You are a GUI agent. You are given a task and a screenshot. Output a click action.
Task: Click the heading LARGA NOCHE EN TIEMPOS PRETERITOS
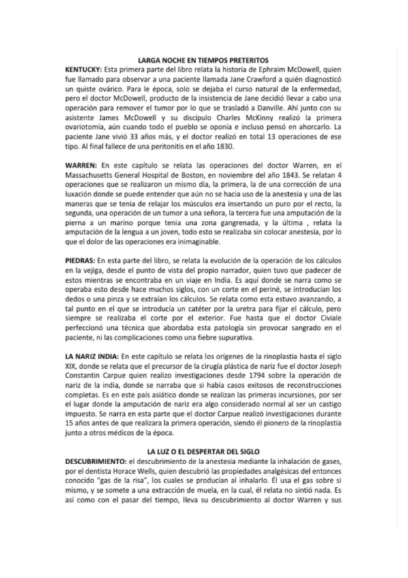click(204, 61)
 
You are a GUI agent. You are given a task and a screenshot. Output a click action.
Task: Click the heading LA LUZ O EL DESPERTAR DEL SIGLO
click(204, 452)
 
